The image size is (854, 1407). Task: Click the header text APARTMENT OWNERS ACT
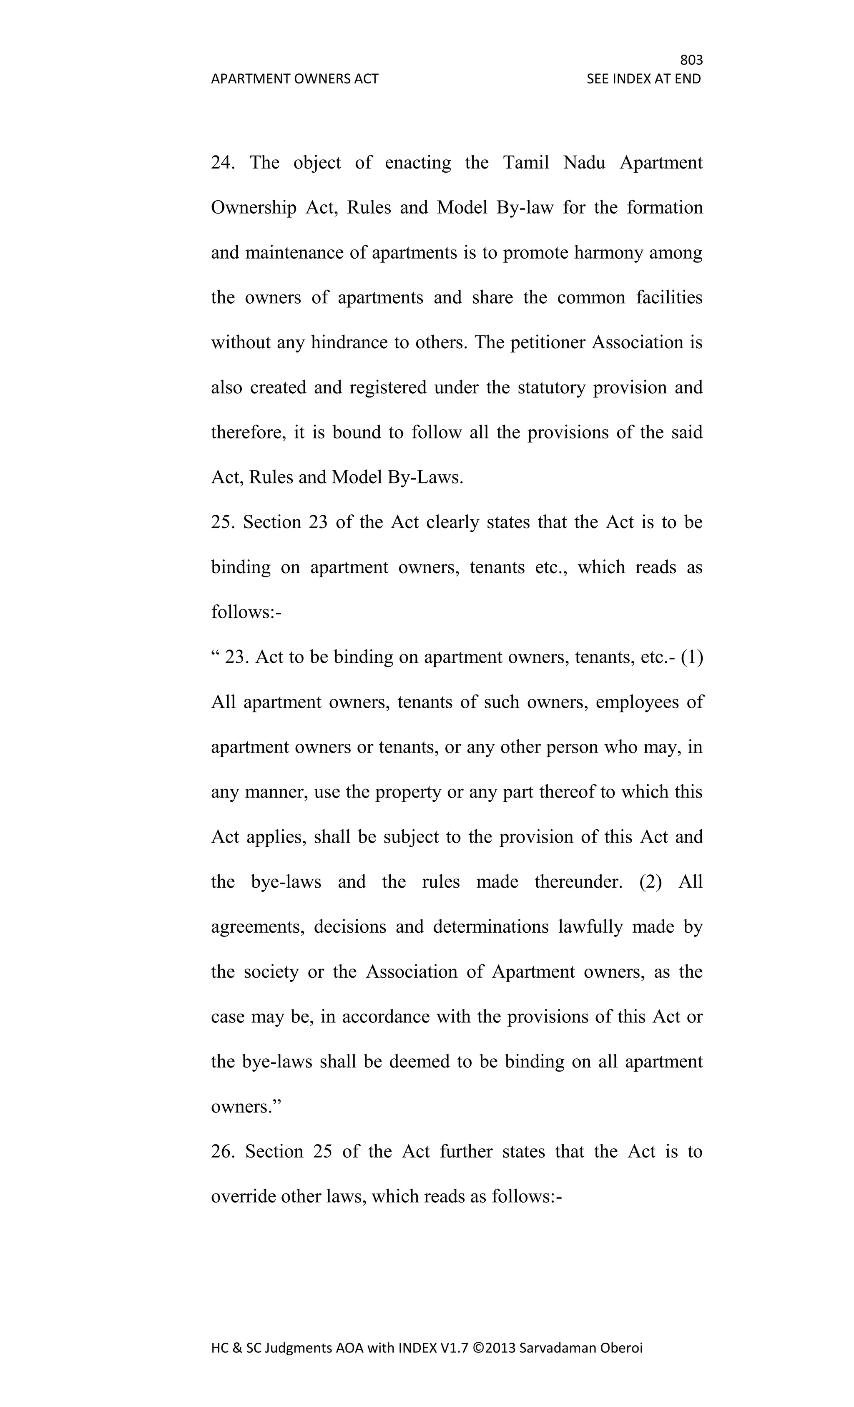(294, 79)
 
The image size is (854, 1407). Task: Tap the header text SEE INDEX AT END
(643, 79)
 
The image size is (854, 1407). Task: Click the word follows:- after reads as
(246, 612)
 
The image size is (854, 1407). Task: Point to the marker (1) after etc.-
(692, 657)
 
